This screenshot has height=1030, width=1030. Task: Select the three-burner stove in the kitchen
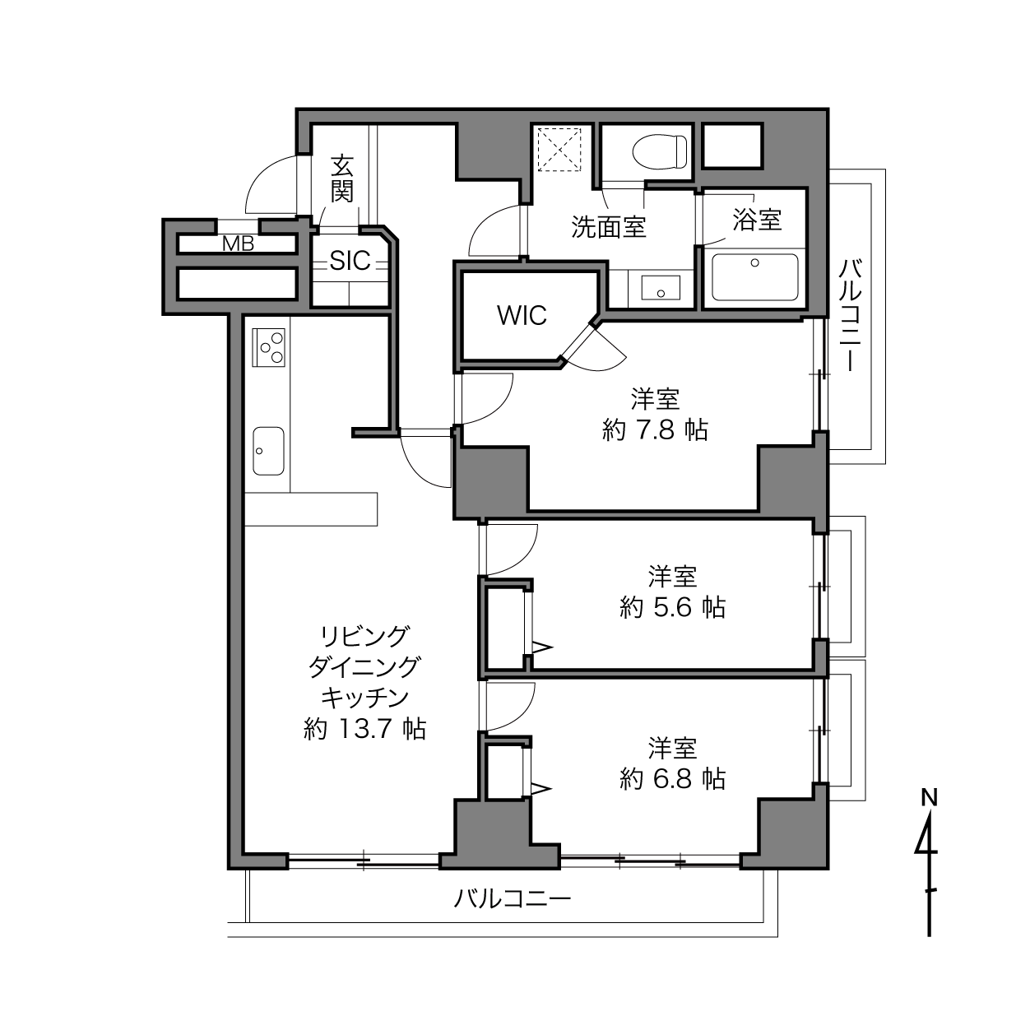(268, 347)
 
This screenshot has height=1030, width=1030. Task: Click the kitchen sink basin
(268, 451)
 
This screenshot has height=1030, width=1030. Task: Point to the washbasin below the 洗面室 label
(661, 288)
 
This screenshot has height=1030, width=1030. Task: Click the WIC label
(522, 315)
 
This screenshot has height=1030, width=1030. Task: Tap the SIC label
(350, 261)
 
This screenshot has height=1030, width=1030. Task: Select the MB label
(238, 244)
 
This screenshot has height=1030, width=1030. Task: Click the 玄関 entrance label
(342, 179)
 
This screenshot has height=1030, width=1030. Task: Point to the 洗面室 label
(609, 226)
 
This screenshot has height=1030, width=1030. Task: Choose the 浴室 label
(757, 219)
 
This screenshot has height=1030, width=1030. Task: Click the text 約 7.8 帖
(656, 429)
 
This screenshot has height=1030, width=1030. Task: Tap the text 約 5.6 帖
(673, 607)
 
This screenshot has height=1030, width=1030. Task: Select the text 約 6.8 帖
(673, 779)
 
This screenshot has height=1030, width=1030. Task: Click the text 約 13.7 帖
(365, 728)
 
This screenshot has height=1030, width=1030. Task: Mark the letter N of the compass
(930, 799)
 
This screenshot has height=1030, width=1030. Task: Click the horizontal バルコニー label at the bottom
(512, 899)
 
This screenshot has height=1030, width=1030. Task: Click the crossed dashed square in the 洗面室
(559, 150)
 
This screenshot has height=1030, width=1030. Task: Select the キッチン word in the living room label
(365, 697)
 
